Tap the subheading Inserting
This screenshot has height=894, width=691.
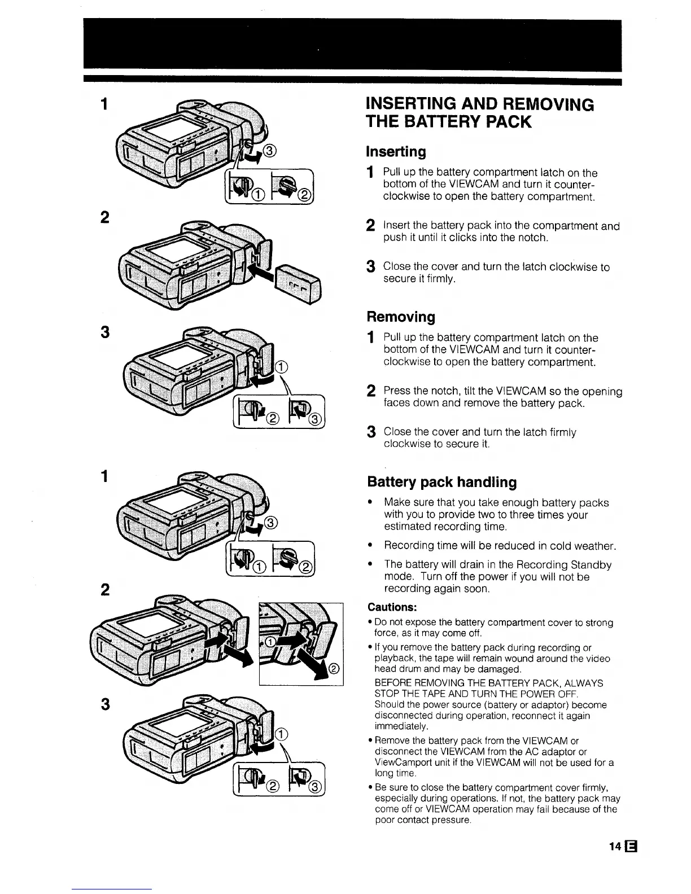(396, 152)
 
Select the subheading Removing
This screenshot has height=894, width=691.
(401, 317)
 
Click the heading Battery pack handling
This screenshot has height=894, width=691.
(441, 482)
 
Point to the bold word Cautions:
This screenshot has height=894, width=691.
(392, 607)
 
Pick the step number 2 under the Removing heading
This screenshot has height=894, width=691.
(371, 391)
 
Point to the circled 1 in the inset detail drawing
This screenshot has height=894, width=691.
(270, 642)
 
